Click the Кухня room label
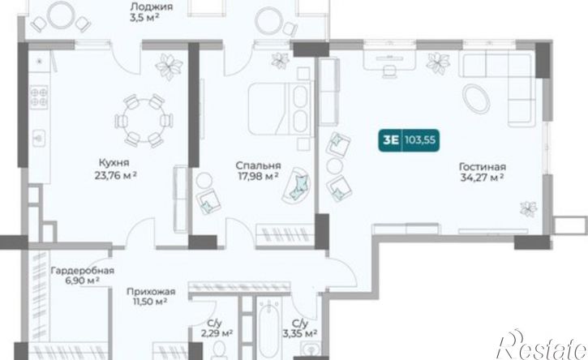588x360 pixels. coord(114,163)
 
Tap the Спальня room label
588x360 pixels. coord(258,165)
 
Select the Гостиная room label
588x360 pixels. coord(483,166)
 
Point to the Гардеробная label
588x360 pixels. coord(83,270)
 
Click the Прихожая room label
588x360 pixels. coord(151,291)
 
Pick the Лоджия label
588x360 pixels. coord(152,6)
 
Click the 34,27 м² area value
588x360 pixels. coord(482,177)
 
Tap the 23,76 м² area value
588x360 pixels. coord(115,175)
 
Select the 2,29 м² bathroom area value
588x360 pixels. coord(217,332)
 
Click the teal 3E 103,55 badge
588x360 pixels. coord(409,140)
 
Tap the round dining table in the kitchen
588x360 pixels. coord(144,120)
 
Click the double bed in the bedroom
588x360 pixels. coord(279,109)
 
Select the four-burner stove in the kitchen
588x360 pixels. coord(39,97)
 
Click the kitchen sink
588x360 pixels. coord(38,138)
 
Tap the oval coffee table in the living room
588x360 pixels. coord(476,98)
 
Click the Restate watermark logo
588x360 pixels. coord(541,345)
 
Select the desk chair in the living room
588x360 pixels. coord(389,71)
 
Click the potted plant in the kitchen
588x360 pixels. coord(169,66)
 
